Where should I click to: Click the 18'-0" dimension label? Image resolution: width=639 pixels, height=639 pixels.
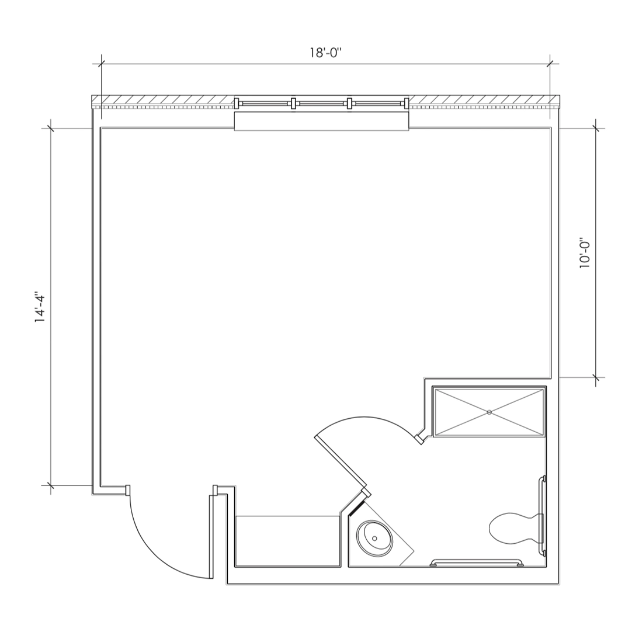pos(325,53)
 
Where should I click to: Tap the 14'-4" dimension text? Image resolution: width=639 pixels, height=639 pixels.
pos(40,307)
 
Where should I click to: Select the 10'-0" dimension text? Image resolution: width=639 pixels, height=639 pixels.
pos(585,253)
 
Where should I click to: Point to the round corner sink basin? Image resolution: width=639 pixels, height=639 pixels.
pos(374,539)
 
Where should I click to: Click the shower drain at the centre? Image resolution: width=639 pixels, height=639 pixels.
pos(489,412)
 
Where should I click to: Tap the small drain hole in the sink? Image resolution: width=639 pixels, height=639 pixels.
pos(374,539)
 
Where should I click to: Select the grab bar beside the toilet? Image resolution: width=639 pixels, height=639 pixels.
pos(543,515)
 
